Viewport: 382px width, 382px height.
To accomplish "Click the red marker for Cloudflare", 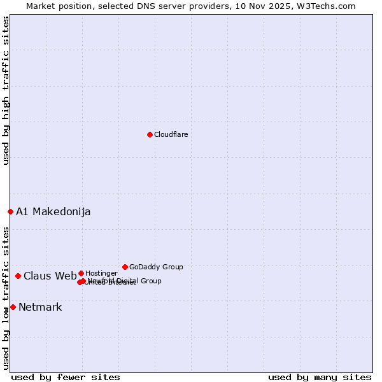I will pyautogui.click(x=150, y=134).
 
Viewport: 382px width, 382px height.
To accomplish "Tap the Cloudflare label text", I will pyautogui.click(x=171, y=135).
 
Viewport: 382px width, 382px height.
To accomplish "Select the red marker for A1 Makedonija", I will pyautogui.click(x=10, y=211).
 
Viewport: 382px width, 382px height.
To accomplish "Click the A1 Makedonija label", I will pyautogui.click(x=53, y=212).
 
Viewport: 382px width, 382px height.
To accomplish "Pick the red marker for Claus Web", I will pyautogui.click(x=18, y=276).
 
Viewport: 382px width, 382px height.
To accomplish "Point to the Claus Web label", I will pyautogui.click(x=50, y=276).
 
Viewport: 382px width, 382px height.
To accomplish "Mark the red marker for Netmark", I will pyautogui.click(x=13, y=307).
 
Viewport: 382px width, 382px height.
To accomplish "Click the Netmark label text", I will pyautogui.click(x=40, y=308).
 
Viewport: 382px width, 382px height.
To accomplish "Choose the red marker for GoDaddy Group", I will pyautogui.click(x=125, y=267).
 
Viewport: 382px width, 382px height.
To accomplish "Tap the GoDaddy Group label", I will pyautogui.click(x=156, y=267).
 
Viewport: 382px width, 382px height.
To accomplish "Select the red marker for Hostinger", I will pyautogui.click(x=81, y=273).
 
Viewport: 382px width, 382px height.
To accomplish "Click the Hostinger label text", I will pyautogui.click(x=101, y=274).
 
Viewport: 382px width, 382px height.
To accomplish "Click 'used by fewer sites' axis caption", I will pyautogui.click(x=66, y=377).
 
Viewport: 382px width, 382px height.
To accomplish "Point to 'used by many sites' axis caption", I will pyautogui.click(x=320, y=377).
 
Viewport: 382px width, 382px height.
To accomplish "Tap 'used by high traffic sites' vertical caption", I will pyautogui.click(x=6, y=90).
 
